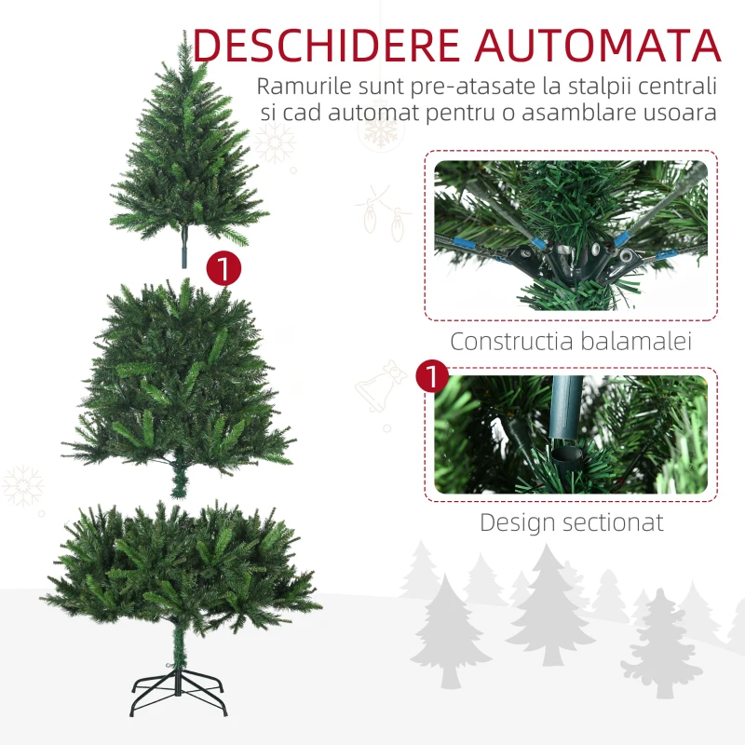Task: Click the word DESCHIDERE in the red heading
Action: (327, 45)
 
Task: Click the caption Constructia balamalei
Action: (571, 341)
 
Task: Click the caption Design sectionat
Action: (572, 522)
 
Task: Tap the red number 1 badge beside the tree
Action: (223, 268)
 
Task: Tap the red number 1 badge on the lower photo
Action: (432, 376)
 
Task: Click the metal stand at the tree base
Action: (178, 690)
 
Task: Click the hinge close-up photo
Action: (571, 236)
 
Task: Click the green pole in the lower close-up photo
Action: (565, 409)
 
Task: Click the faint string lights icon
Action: (384, 214)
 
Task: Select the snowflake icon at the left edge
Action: (22, 485)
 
